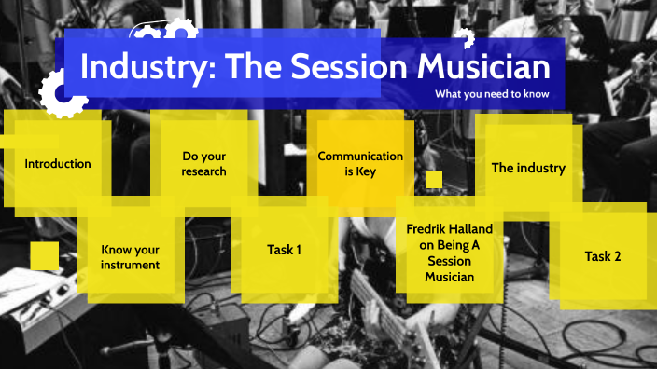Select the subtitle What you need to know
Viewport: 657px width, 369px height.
pyautogui.click(x=492, y=94)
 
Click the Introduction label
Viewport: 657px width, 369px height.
pyautogui.click(x=58, y=164)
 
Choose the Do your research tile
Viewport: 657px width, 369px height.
pyautogui.click(x=203, y=164)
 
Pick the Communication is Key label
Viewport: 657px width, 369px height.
pyautogui.click(x=360, y=164)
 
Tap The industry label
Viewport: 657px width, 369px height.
pyautogui.click(x=528, y=169)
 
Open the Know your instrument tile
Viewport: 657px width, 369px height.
pyautogui.click(x=130, y=257)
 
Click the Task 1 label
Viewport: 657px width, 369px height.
pyautogui.click(x=284, y=250)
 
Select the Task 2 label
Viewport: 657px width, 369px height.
pyautogui.click(x=602, y=256)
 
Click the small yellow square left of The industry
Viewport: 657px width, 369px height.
pyautogui.click(x=433, y=179)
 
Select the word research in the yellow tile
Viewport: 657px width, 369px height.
pyautogui.click(x=203, y=171)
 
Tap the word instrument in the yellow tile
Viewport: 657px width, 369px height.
pyautogui.click(x=130, y=265)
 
